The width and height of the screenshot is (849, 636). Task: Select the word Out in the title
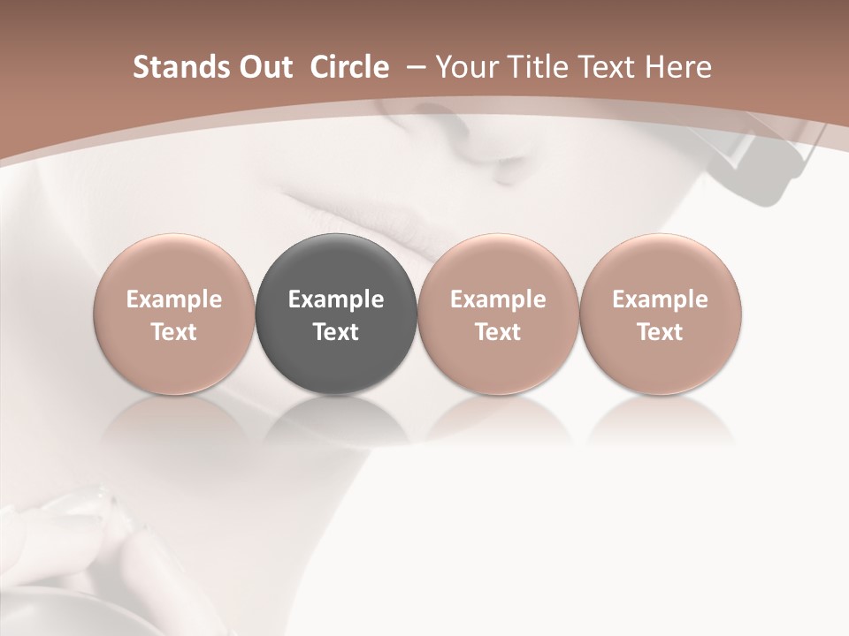tap(263, 67)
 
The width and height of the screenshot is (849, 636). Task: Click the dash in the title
tap(413, 67)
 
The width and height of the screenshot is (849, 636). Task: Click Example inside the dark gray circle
tap(336, 299)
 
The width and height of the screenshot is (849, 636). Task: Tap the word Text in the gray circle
tap(336, 332)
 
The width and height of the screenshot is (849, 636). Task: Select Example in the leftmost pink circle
tap(174, 299)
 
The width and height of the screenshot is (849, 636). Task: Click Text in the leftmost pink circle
tap(174, 332)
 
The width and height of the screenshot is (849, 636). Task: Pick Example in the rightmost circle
tap(660, 299)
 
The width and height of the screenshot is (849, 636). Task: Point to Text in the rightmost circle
tap(660, 332)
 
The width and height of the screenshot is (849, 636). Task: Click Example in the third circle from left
tap(498, 299)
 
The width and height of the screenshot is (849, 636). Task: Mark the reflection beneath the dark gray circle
tap(336, 420)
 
